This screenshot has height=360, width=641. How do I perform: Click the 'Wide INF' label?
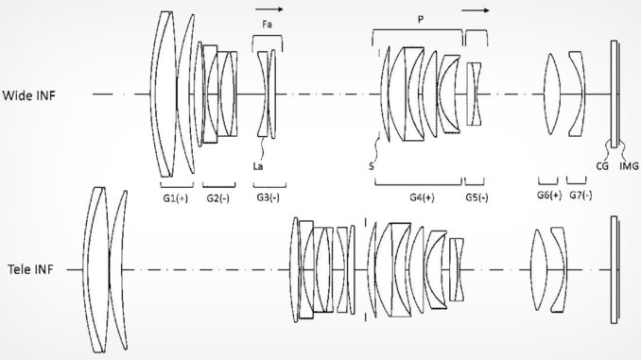click(28, 95)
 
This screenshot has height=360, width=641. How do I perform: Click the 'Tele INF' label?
click(30, 269)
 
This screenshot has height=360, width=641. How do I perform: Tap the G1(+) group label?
click(175, 198)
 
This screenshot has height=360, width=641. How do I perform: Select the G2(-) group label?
click(217, 198)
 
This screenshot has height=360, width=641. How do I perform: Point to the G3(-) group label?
click(269, 197)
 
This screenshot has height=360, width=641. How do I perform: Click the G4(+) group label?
click(423, 197)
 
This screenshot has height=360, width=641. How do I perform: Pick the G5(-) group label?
click(476, 197)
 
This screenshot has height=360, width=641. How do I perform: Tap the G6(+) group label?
click(549, 195)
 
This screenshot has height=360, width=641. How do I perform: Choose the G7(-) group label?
click(580, 195)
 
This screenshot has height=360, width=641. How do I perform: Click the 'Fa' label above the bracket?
click(267, 25)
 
